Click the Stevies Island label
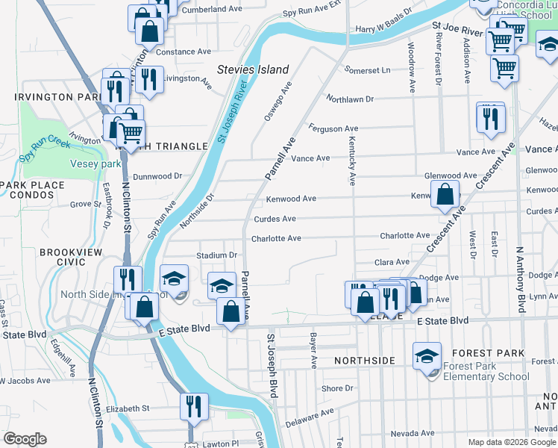pos(253,69)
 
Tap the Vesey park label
pos(95,164)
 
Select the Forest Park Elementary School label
pos(486,371)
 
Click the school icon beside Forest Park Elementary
pos(428,356)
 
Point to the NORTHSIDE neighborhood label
pos(365,361)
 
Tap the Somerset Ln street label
pos(367,70)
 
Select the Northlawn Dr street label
pos(350,99)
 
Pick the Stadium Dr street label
pos(216,255)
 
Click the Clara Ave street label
pos(392,262)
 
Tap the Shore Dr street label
pos(337,388)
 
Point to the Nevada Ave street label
pos(411,433)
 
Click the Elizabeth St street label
pos(128,408)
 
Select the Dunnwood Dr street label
pos(157,176)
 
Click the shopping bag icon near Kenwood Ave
pos(445,194)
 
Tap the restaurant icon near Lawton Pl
pos(194,407)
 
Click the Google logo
pos(25,439)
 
